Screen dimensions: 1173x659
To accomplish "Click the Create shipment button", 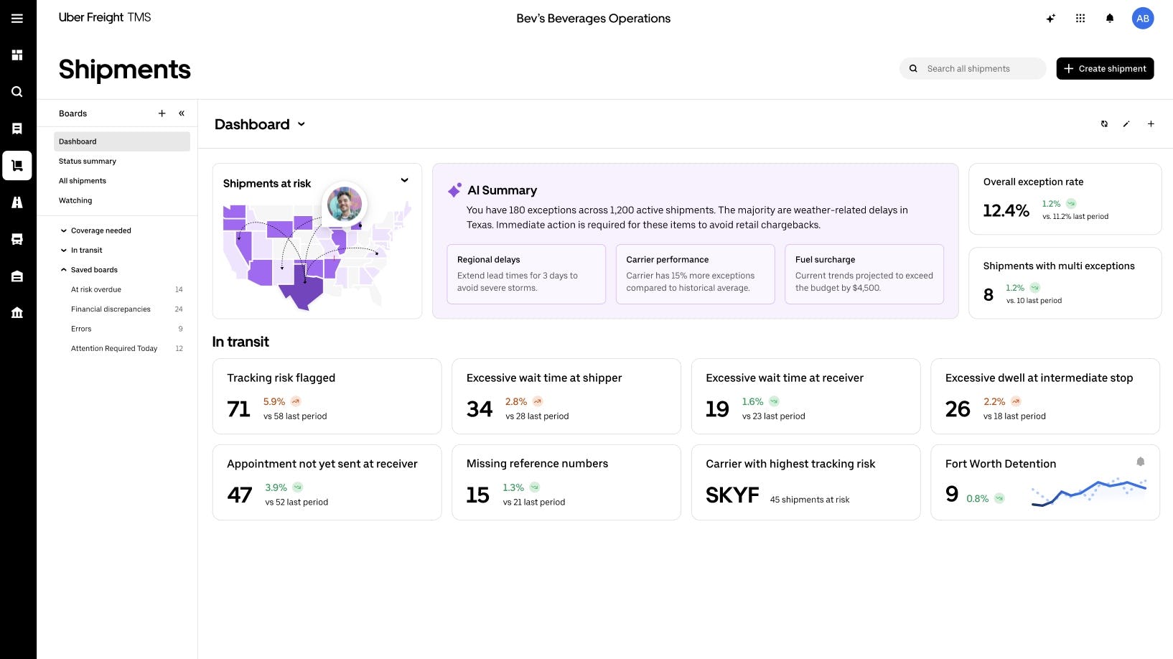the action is [1105, 69].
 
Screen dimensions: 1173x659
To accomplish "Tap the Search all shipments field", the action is [973, 69].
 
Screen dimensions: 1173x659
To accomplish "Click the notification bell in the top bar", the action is [1110, 19].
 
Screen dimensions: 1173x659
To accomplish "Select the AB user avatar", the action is [1143, 19].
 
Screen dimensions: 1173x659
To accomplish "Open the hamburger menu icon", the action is [17, 19].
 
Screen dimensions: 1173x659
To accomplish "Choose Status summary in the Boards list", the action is [88, 161].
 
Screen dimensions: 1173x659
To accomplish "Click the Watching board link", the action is [75, 200].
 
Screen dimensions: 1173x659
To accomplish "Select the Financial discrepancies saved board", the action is [111, 309].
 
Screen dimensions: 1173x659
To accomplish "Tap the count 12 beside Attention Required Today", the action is [179, 348].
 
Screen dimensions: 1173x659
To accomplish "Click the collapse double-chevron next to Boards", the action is [182, 113].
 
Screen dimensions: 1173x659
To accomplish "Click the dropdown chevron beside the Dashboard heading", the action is [301, 124].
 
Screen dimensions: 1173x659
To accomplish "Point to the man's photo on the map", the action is [344, 204].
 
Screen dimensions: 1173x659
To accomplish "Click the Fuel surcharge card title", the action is [825, 259].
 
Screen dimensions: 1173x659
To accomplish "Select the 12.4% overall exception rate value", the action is [1006, 210].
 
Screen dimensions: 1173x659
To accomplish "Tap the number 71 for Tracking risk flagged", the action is [238, 409].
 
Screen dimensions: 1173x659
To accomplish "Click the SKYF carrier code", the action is [732, 495].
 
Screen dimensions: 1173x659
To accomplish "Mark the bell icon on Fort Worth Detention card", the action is [1141, 462].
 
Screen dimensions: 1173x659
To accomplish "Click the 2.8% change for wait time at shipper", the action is [516, 402].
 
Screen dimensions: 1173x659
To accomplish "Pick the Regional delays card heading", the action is [489, 259].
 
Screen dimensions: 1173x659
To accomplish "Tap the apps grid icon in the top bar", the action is [1080, 19].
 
